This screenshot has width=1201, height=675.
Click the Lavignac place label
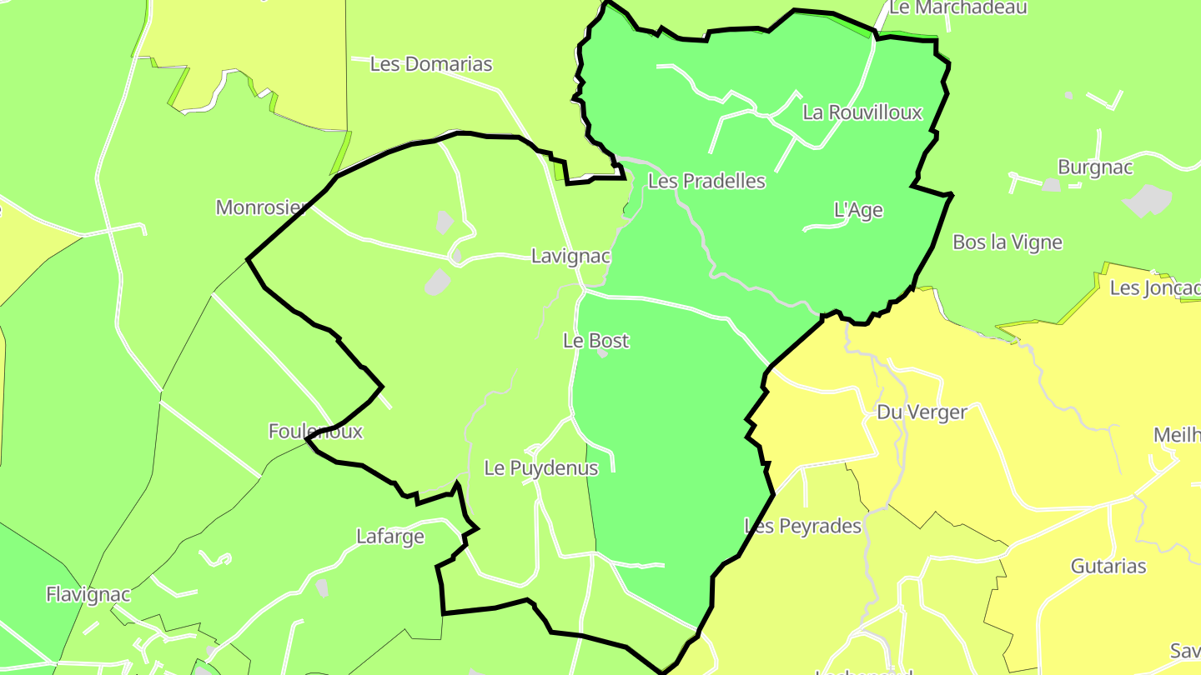tap(570, 257)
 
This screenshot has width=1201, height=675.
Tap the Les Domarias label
tap(430, 64)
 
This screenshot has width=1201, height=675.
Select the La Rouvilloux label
tap(862, 112)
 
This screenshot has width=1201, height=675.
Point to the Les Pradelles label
tap(706, 181)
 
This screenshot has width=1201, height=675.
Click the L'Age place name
tap(858, 211)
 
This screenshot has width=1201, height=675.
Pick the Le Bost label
tap(595, 341)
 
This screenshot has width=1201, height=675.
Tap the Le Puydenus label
tap(540, 468)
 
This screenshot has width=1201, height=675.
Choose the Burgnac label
tap(1095, 167)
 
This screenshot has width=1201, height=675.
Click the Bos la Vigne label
tap(1008, 242)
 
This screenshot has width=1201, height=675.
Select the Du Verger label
tap(922, 412)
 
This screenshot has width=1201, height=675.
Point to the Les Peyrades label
tap(802, 527)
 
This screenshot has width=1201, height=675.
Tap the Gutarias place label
tap(1108, 567)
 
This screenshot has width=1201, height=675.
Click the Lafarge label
tap(390, 537)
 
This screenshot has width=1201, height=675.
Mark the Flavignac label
tap(88, 595)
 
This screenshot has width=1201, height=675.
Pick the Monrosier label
tap(258, 207)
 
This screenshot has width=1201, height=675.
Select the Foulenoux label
tap(315, 432)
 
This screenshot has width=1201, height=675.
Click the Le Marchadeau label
tap(958, 8)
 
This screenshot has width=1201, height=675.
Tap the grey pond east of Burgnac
tap(1148, 200)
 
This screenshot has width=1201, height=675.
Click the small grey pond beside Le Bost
tap(602, 353)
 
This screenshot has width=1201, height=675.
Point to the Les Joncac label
tap(1155, 289)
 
